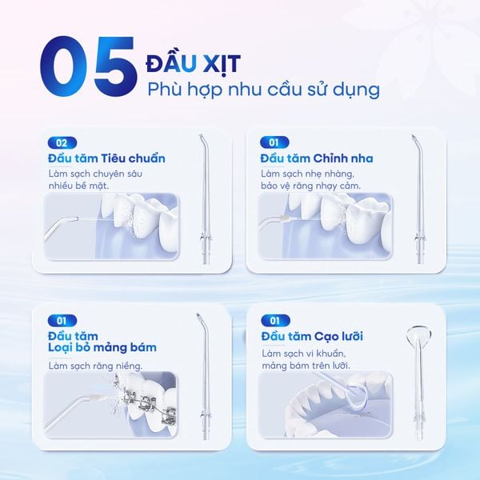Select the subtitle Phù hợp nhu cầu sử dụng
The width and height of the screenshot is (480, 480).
[263, 90]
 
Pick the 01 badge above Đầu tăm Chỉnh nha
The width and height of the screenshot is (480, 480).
[272, 143]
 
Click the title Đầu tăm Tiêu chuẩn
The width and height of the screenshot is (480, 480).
[106, 158]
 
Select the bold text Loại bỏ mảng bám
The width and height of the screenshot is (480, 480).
[102, 347]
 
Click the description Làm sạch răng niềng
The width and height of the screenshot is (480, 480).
[95, 366]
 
